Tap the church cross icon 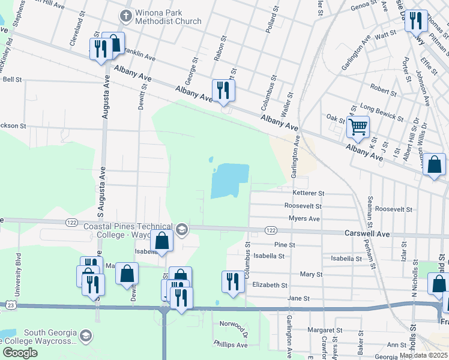point(126,15)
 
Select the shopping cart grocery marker point(358,127)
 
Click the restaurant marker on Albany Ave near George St point(223,91)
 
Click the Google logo point(19,353)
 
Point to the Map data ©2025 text point(424,355)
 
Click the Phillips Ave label point(231,345)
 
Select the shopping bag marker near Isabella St point(162,241)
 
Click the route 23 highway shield point(11,305)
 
